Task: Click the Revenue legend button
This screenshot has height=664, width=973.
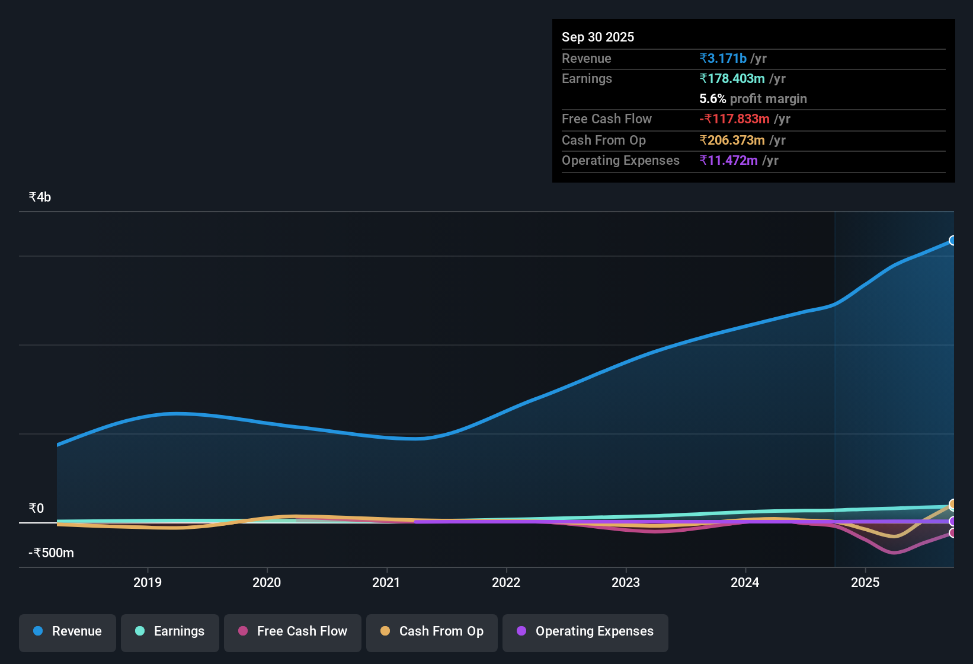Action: tap(68, 631)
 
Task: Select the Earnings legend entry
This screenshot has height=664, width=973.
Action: tap(170, 631)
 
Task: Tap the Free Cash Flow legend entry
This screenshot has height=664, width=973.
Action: tap(293, 631)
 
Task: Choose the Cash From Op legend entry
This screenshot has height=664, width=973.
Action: tap(432, 631)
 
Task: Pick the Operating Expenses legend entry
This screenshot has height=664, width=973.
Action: tap(585, 631)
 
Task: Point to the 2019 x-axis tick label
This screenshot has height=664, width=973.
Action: tap(148, 583)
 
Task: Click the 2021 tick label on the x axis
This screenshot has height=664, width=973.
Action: tap(386, 583)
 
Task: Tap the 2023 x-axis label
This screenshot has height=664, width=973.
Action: tap(626, 583)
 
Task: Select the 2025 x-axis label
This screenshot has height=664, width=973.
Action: tap(865, 583)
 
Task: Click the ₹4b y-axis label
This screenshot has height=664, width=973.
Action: tap(40, 197)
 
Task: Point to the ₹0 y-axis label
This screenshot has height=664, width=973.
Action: tap(36, 509)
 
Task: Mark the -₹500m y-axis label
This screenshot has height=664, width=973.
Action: tap(52, 553)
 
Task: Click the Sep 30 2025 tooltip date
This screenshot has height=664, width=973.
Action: tap(597, 37)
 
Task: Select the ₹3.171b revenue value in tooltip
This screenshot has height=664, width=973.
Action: tap(723, 59)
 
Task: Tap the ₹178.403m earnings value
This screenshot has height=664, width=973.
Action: tap(732, 79)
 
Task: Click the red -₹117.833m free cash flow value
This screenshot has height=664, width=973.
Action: tap(734, 119)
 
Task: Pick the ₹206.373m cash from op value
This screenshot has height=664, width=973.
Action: tap(732, 141)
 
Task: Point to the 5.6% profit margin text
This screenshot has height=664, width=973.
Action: tap(753, 99)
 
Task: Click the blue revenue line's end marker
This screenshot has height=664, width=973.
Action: tap(952, 240)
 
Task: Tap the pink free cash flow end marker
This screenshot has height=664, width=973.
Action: tap(952, 533)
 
